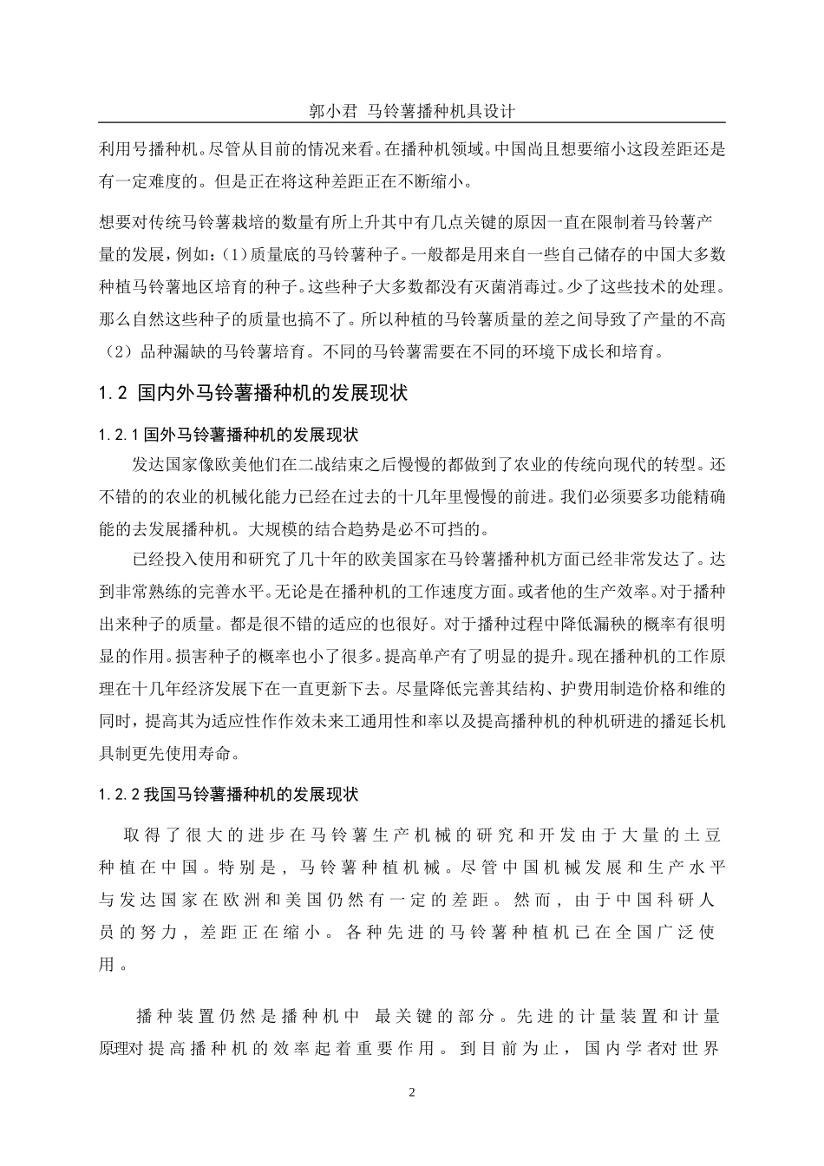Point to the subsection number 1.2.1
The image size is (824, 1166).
[121, 433]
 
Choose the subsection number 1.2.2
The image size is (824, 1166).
[121, 795]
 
